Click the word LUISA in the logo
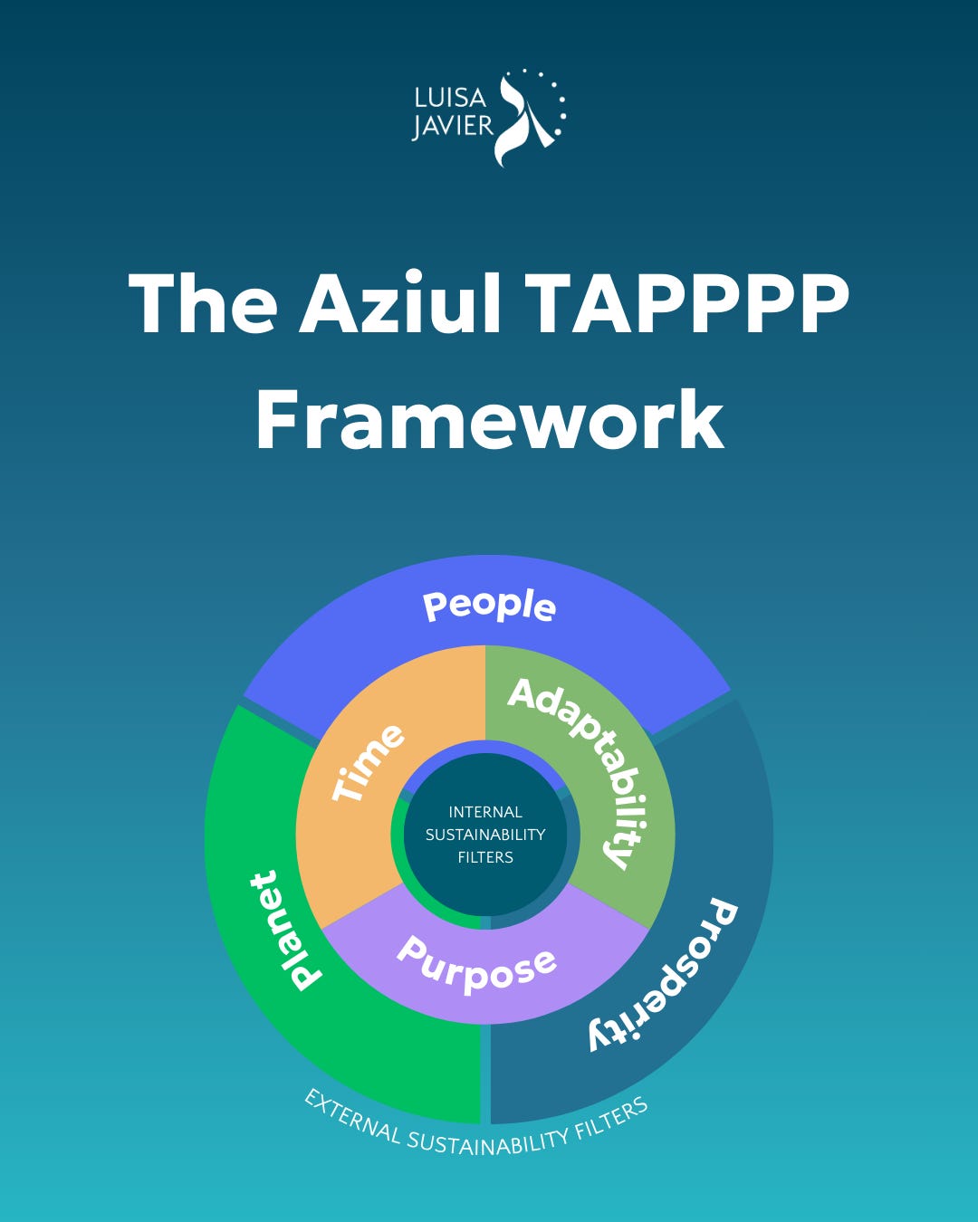(x=450, y=97)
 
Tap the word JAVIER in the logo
(x=453, y=125)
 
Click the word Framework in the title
(x=489, y=419)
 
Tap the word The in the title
(x=203, y=302)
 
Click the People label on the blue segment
(x=489, y=606)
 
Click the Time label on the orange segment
(x=368, y=762)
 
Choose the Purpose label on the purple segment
(x=476, y=965)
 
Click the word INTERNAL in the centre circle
(x=485, y=812)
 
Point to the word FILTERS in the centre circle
(x=485, y=857)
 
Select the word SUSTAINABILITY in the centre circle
(x=485, y=835)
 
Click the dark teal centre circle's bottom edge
(x=486, y=914)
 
